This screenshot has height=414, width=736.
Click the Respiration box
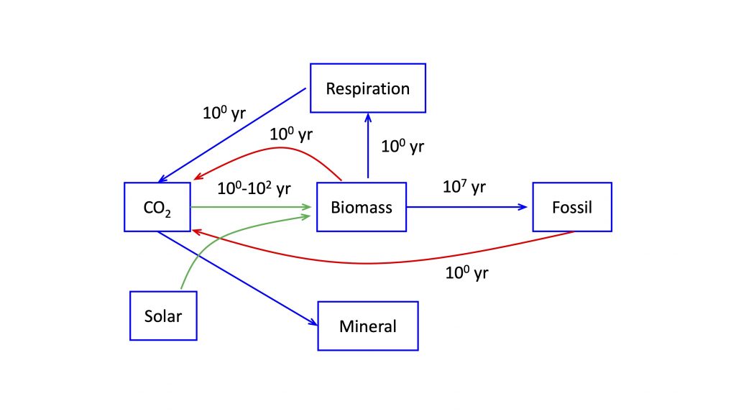(x=368, y=88)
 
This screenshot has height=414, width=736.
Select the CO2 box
(x=157, y=207)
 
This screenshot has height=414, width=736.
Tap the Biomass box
(x=362, y=207)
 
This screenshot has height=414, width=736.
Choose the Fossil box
(x=572, y=207)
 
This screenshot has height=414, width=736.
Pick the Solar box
(x=163, y=316)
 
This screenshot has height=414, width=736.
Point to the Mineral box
(x=368, y=326)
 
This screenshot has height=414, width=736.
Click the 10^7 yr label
(x=464, y=187)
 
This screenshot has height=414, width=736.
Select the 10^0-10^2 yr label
(x=254, y=189)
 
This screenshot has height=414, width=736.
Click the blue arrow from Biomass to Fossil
(x=467, y=207)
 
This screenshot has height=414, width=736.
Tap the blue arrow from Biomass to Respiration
(x=368, y=145)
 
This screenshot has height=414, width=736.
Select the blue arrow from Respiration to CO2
(x=232, y=135)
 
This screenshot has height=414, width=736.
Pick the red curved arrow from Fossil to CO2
(x=366, y=263)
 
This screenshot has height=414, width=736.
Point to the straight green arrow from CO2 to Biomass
(x=251, y=207)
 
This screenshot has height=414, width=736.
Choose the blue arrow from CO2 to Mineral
(x=237, y=278)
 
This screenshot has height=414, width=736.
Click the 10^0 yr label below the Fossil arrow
(x=466, y=272)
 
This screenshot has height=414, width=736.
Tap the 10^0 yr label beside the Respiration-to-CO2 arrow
(x=224, y=113)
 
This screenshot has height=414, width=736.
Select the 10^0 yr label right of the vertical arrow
(x=402, y=147)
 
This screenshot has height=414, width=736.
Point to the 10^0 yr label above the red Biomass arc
(x=291, y=134)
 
